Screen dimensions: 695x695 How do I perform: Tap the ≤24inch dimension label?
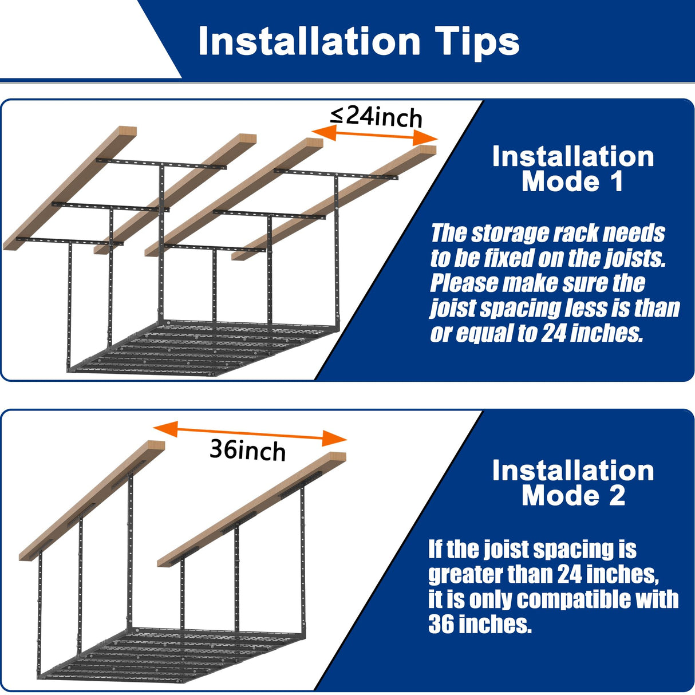[376, 116]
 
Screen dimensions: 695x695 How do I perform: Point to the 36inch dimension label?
[247, 450]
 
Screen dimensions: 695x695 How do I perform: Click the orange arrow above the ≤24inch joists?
[374, 135]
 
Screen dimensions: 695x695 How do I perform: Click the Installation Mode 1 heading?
[572, 169]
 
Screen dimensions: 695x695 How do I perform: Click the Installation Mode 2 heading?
[572, 483]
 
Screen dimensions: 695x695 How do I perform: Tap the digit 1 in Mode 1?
[616, 182]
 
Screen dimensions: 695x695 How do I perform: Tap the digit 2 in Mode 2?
[617, 496]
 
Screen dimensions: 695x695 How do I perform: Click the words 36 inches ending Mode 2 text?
[480, 624]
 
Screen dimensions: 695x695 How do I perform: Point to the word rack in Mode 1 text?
[571, 234]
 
